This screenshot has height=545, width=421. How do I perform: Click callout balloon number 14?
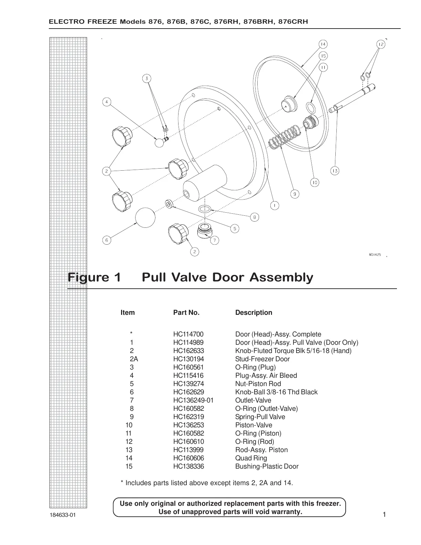click(x=323, y=44)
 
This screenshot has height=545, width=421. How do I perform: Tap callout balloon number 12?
click(x=380, y=44)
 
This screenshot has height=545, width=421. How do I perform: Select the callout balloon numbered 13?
click(x=335, y=171)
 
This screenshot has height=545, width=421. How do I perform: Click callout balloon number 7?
click(x=215, y=240)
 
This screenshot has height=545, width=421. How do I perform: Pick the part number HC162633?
click(x=188, y=351)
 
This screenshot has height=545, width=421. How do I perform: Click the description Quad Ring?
click(x=251, y=458)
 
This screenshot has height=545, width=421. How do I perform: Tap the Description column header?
click(x=253, y=312)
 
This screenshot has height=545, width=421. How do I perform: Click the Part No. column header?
click(x=186, y=312)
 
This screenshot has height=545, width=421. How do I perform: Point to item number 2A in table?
click(x=134, y=359)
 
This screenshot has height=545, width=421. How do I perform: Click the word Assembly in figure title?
click(x=281, y=277)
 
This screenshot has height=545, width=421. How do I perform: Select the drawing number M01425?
click(x=375, y=255)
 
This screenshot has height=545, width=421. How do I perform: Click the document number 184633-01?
click(x=62, y=515)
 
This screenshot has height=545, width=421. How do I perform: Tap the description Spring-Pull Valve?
click(x=260, y=417)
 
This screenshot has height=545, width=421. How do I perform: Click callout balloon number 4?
click(x=107, y=102)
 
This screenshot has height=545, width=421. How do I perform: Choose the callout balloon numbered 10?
click(x=315, y=182)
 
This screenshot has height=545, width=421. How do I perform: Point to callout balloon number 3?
click(x=147, y=78)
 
